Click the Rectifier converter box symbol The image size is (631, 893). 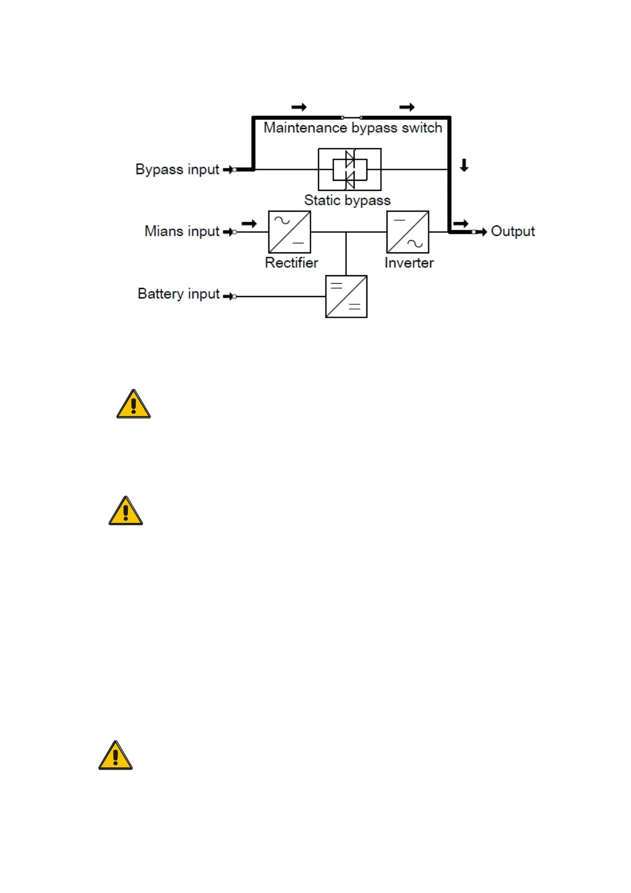click(x=290, y=232)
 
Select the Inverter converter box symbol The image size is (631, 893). click(x=407, y=232)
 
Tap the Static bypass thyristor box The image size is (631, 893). click(x=349, y=169)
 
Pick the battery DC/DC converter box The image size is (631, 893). click(x=346, y=296)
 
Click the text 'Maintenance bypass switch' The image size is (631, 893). click(x=353, y=128)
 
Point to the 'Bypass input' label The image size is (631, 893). click(x=177, y=169)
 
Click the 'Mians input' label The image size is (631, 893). click(x=182, y=231)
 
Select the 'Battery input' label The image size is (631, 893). click(x=179, y=294)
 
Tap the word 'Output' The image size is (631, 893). click(x=513, y=231)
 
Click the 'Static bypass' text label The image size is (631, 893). click(x=347, y=200)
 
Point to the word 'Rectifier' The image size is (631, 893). click(x=291, y=262)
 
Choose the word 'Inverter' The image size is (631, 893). click(x=409, y=262)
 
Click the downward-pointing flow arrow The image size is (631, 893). click(x=464, y=165)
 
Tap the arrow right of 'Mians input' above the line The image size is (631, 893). click(x=249, y=223)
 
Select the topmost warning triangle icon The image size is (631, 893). click(x=134, y=405)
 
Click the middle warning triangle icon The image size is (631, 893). click(x=126, y=511)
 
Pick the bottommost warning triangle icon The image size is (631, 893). click(x=116, y=756)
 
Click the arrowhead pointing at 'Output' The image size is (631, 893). click(x=482, y=232)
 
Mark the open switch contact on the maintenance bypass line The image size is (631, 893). click(x=352, y=117)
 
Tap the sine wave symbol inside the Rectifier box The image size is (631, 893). click(x=282, y=220)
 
